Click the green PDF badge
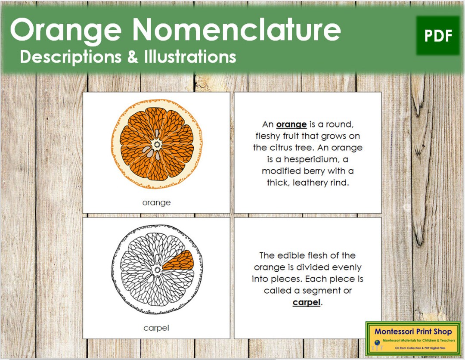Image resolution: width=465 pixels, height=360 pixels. coord(438,36)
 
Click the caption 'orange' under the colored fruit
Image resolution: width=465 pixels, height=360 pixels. coord(156,202)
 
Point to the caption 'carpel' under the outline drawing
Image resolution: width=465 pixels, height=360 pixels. coord(156,328)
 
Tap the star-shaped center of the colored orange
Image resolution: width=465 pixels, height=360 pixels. coord(156,143)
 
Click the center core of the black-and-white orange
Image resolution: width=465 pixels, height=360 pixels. coord(155,270)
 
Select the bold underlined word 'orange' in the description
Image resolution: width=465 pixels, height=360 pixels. coord(291,124)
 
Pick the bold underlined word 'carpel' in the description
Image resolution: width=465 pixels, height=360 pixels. coord(307,302)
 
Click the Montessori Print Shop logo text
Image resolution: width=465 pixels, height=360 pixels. coord(412,332)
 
